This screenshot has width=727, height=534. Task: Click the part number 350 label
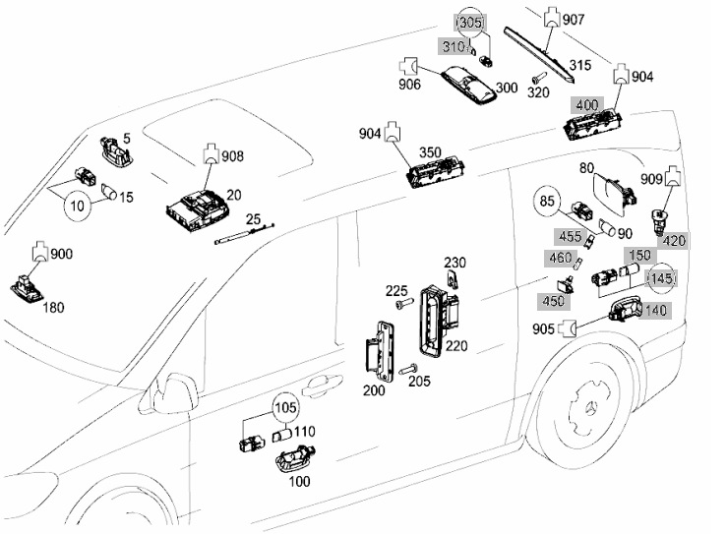point(430,153)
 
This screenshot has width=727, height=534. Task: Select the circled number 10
point(78,205)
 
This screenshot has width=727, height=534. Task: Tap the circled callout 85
point(547,201)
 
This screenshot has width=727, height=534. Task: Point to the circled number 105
point(285,408)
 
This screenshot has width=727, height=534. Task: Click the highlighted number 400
point(587,105)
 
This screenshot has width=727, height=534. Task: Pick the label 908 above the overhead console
point(232,156)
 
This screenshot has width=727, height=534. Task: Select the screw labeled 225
point(404,304)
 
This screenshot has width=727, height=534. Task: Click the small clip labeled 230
point(453,279)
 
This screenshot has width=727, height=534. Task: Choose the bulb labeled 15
point(109,191)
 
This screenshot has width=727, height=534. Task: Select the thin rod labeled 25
point(245,233)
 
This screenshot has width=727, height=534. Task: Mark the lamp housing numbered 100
point(296,460)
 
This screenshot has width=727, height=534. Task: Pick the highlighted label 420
point(674,241)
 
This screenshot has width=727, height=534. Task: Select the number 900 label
point(61,254)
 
